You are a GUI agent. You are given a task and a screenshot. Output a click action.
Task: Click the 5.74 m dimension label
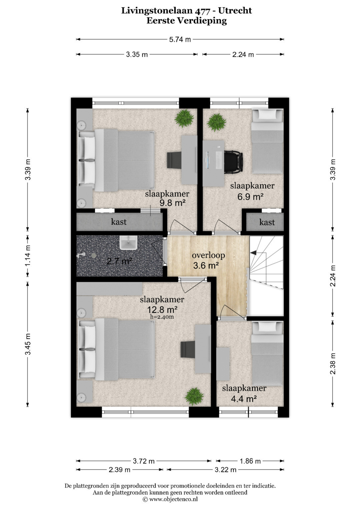point(180,40)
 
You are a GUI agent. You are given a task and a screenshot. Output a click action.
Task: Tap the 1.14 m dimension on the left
point(28,256)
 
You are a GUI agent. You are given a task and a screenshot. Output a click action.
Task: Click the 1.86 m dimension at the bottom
point(250,461)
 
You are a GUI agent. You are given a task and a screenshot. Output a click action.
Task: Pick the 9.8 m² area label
point(173,203)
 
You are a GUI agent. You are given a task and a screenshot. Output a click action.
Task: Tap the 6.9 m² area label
point(250,197)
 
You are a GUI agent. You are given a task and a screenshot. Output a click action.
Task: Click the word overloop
point(208,255)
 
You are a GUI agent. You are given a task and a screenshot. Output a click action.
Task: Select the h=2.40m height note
point(162,317)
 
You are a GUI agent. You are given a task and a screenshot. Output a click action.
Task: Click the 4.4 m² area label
point(244,399)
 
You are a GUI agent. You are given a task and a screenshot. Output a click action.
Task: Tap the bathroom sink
point(128,243)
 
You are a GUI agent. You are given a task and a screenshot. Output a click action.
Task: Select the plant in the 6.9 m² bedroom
point(216,122)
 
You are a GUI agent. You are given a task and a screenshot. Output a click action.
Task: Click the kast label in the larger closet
point(119,222)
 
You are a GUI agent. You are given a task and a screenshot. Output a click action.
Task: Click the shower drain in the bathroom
point(94,255)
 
